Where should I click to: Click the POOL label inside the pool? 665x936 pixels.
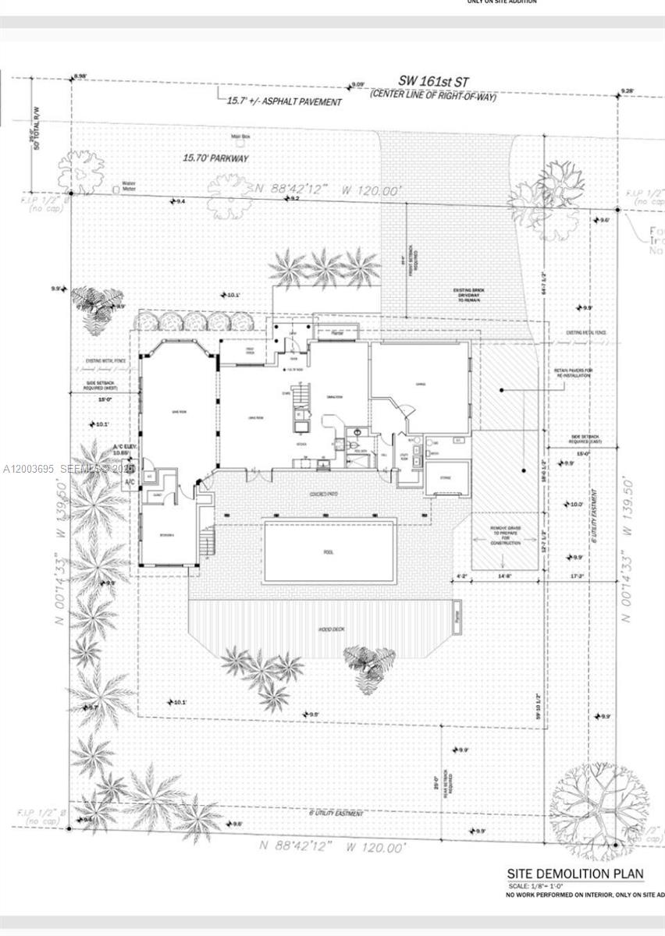click(x=329, y=551)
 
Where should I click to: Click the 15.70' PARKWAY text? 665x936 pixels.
click(x=215, y=158)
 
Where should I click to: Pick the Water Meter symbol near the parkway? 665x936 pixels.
click(x=116, y=188)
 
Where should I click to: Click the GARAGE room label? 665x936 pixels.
click(x=421, y=385)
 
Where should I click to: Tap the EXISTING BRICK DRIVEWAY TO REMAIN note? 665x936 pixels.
click(x=470, y=294)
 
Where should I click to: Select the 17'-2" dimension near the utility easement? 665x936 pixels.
click(x=576, y=576)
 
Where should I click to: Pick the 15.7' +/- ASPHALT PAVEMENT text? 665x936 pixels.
click(x=284, y=101)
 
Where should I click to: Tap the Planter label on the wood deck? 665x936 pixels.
click(x=459, y=616)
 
